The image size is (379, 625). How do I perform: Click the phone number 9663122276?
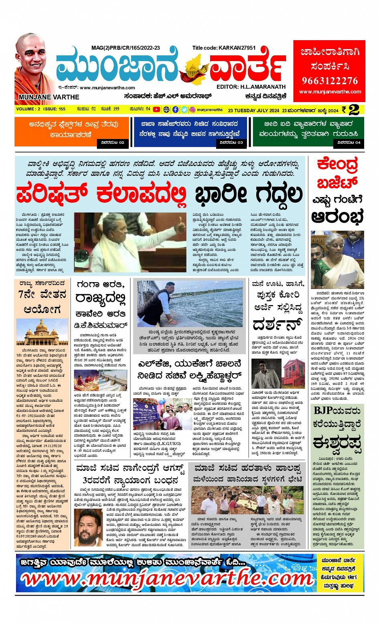pyautogui.click(x=329, y=81)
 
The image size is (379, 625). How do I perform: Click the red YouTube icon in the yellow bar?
pyautogui.click(x=156, y=110)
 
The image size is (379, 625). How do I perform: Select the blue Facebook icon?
pyautogui.click(x=175, y=110)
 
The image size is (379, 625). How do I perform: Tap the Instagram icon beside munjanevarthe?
pyautogui.click(x=192, y=110)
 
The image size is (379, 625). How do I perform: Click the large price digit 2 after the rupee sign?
pyautogui.click(x=354, y=110)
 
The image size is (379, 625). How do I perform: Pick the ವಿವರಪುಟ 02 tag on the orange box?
pyautogui.click(x=113, y=143)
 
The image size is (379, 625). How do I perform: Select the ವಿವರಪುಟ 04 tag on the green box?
pyautogui.click(x=349, y=143)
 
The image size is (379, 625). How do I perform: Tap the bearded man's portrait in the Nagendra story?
pyautogui.click(x=88, y=527)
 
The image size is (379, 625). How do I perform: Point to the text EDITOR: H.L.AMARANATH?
pyautogui.click(x=251, y=87)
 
